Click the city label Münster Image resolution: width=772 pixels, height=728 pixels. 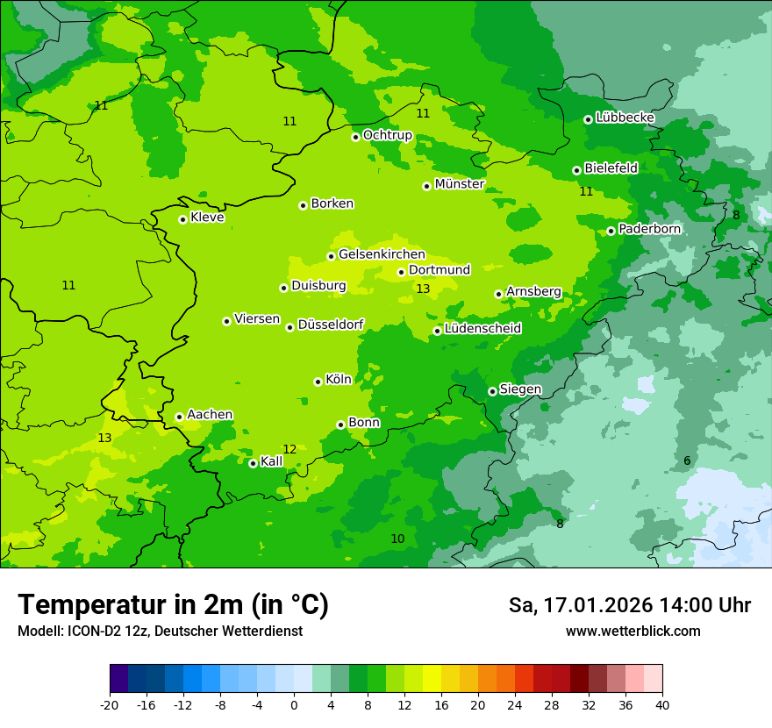pyautogui.click(x=460, y=184)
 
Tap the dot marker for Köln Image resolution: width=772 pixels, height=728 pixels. pyautogui.click(x=318, y=382)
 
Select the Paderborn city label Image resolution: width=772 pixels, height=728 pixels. pyautogui.click(x=649, y=229)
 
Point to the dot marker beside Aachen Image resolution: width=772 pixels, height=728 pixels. pyautogui.click(x=179, y=418)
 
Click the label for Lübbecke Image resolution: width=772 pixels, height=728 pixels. pyautogui.click(x=625, y=118)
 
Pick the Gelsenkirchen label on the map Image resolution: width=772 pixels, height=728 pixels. pyautogui.click(x=382, y=254)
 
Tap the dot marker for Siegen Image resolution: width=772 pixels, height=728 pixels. pyautogui.click(x=492, y=391)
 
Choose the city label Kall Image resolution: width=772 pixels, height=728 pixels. pyautogui.click(x=272, y=461)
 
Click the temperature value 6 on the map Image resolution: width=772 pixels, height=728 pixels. pyautogui.click(x=687, y=461)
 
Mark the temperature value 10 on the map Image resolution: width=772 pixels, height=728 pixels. pyautogui.click(x=397, y=539)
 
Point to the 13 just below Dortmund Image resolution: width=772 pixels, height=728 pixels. pyautogui.click(x=423, y=289)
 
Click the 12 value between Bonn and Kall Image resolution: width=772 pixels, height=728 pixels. pyautogui.click(x=289, y=449)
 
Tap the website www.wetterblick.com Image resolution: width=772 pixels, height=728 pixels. pyautogui.click(x=633, y=631)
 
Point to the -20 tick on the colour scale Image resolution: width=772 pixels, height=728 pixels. pyautogui.click(x=110, y=704)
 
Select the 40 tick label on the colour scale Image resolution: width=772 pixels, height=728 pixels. pyautogui.click(x=661, y=704)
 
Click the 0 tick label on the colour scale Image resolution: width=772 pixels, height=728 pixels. pyautogui.click(x=294, y=704)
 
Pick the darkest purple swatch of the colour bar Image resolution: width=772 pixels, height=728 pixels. pyautogui.click(x=118, y=680)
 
